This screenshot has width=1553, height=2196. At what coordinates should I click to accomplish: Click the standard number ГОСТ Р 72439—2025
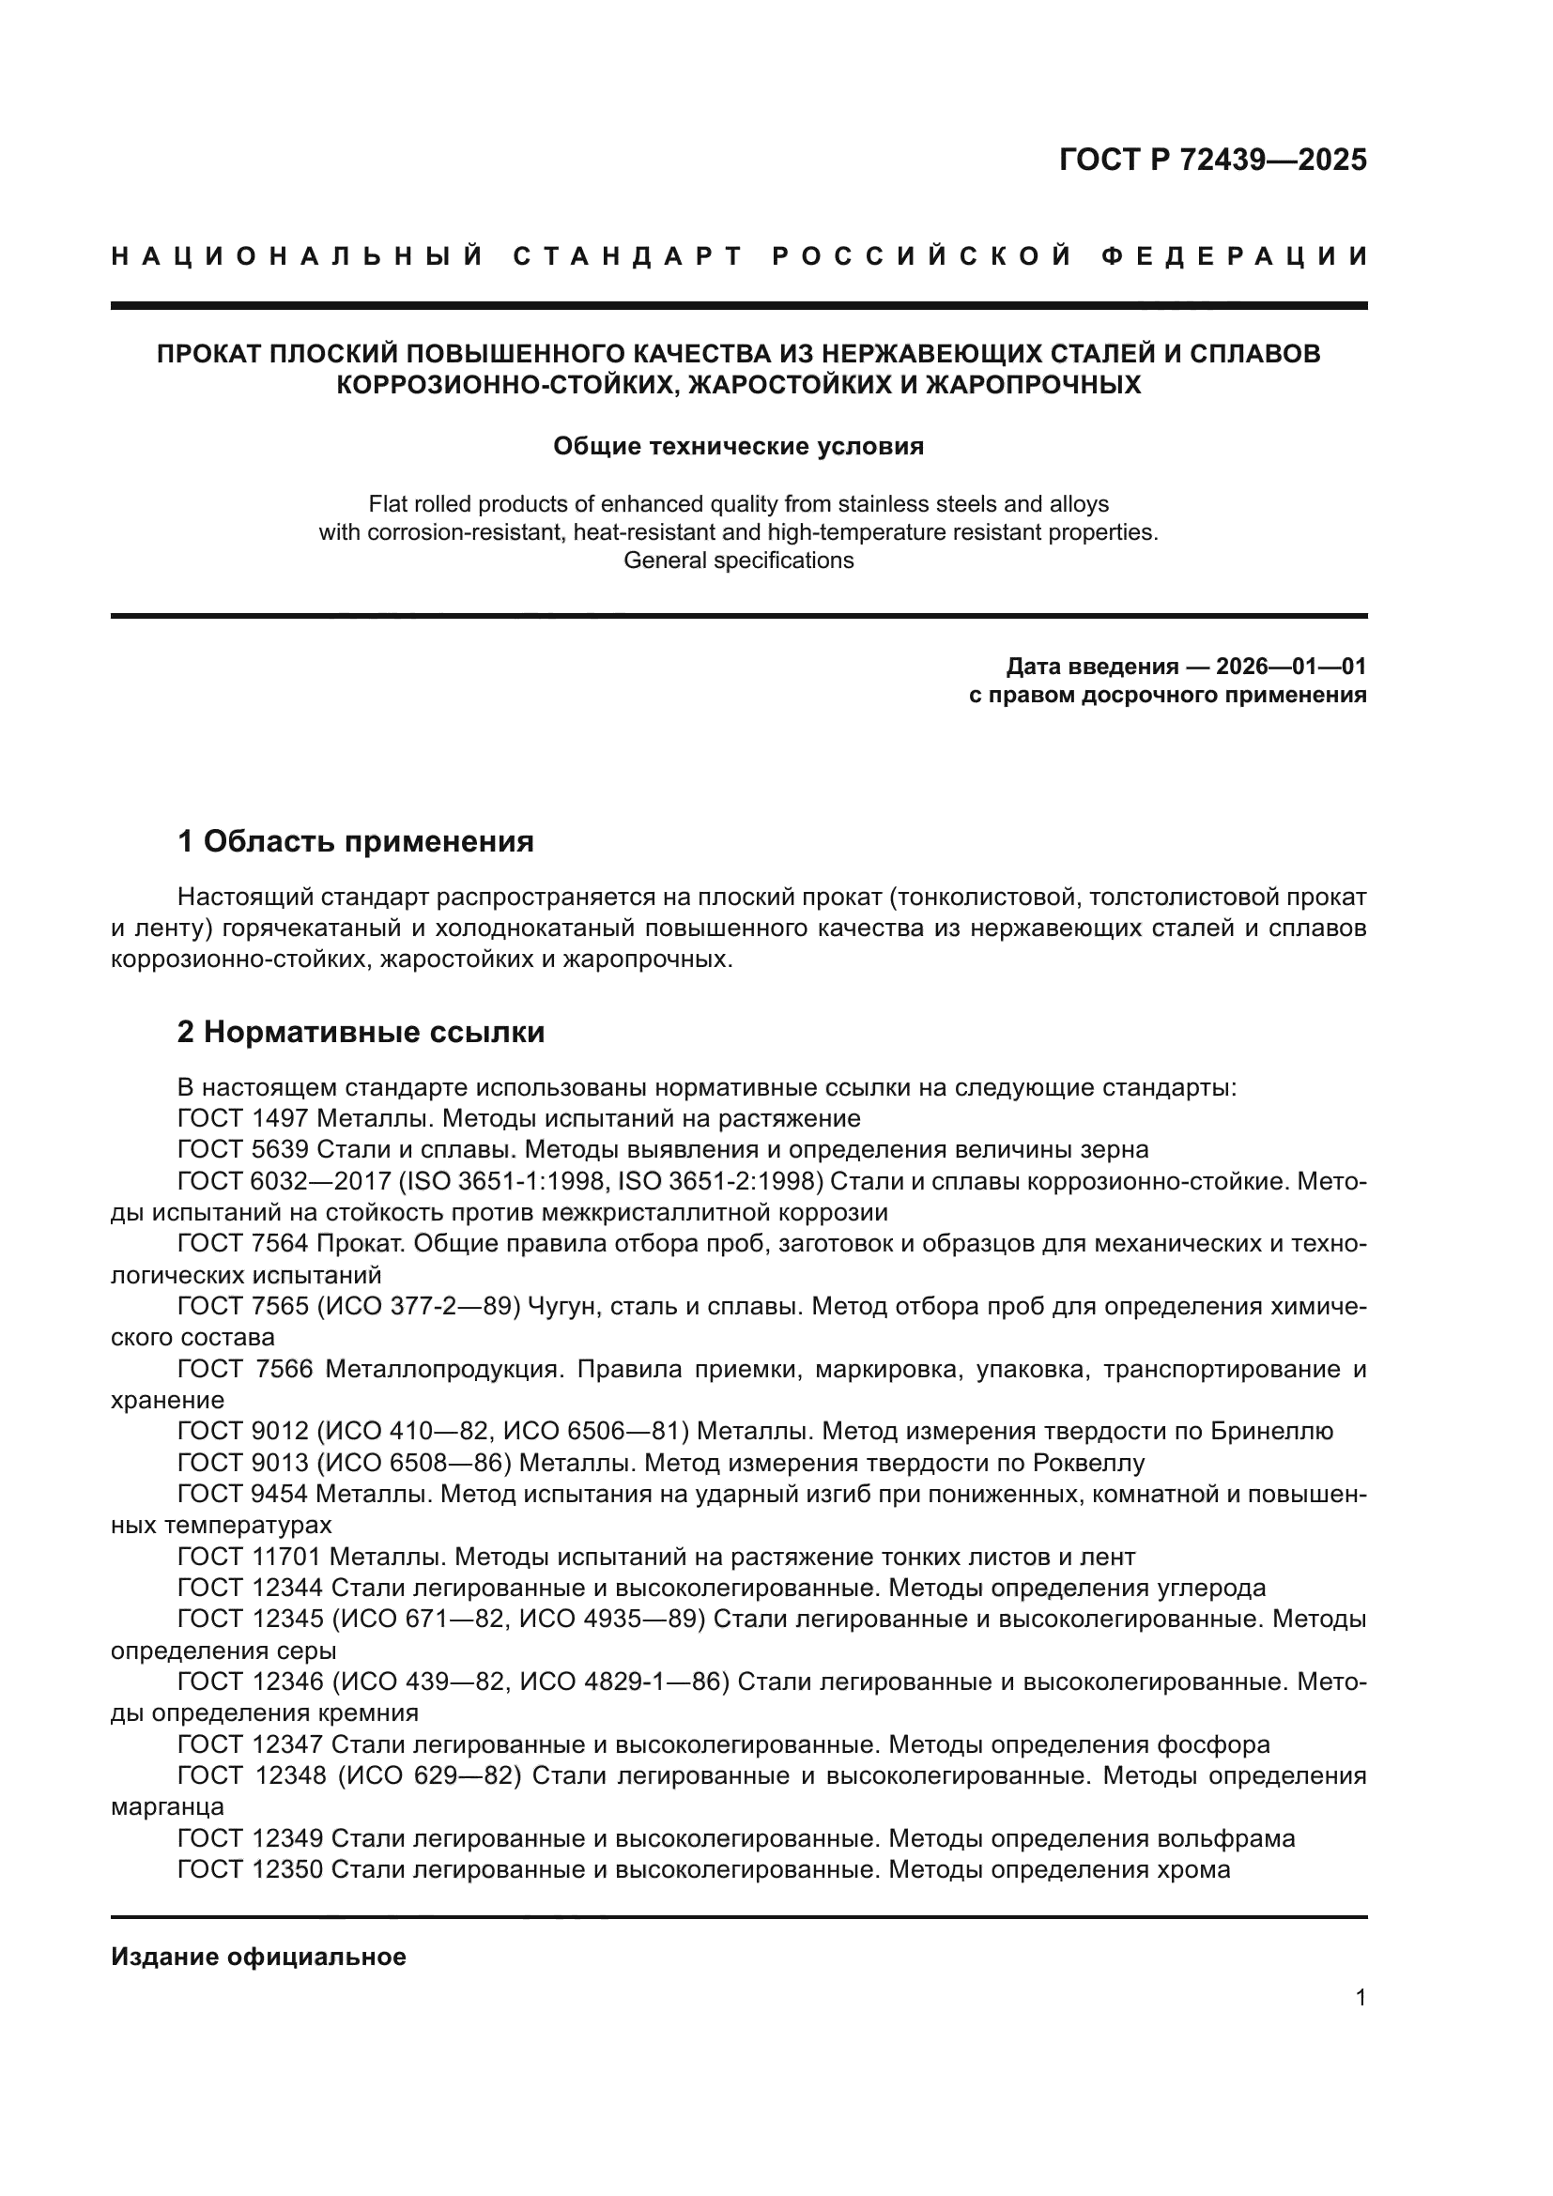click(x=1212, y=160)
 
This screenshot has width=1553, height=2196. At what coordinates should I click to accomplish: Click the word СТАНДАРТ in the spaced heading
click(x=628, y=256)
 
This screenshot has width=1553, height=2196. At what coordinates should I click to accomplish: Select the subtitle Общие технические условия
click(x=738, y=447)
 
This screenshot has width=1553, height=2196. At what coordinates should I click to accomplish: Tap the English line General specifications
click(x=738, y=561)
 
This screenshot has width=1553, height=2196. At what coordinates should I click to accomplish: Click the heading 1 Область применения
click(x=356, y=841)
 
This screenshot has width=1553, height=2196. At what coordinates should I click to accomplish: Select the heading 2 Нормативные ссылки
click(x=361, y=1032)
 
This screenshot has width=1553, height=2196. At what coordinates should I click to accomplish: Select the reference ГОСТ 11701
click(x=250, y=1557)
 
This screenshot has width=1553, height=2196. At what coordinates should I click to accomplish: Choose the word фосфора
click(x=1213, y=1744)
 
